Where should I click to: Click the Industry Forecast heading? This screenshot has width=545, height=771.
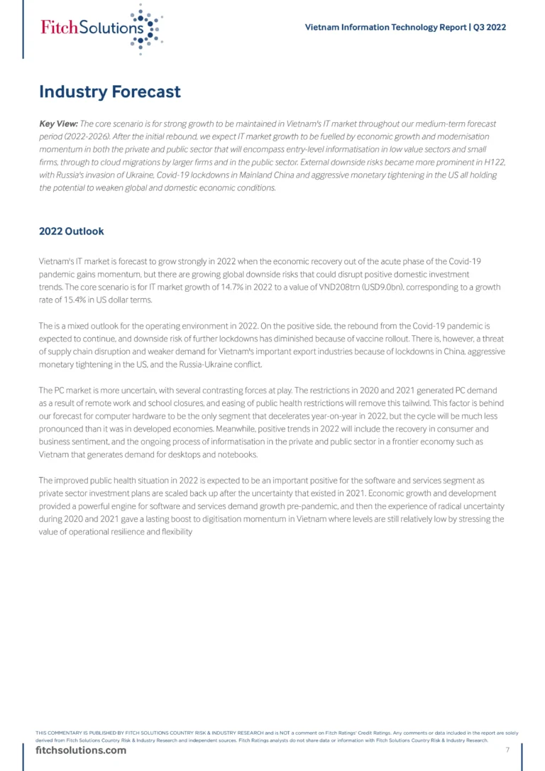pyautogui.click(x=110, y=92)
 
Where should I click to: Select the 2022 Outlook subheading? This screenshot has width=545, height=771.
pyautogui.click(x=71, y=231)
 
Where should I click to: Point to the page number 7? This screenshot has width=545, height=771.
pyautogui.click(x=507, y=750)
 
